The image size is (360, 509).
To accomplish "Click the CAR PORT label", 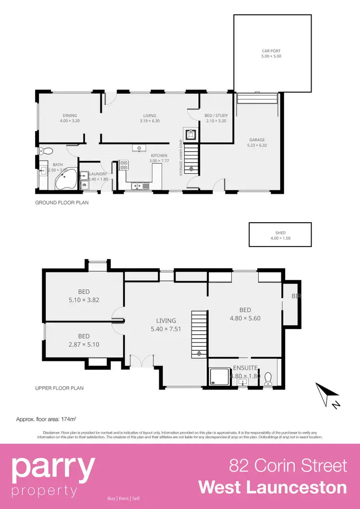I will pos(271,53).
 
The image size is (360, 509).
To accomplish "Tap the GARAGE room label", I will pos(257,142).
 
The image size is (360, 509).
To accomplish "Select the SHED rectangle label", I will pos(274,235).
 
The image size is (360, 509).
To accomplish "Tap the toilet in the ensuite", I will pos(268,379).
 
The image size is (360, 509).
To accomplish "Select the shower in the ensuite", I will pos(219,377).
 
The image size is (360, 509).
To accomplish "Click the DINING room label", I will pos(70,118).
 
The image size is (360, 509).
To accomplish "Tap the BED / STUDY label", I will pos(216,118).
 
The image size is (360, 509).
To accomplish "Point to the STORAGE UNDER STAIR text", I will pos(181,158).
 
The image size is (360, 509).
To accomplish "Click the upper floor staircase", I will pos(199,334).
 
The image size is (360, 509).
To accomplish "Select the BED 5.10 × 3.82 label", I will pos(84,296).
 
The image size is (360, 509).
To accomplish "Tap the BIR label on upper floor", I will pos(296,297).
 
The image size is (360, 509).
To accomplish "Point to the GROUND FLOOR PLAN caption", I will pos(62,203).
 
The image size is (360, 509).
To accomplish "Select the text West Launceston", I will pos(272,487).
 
